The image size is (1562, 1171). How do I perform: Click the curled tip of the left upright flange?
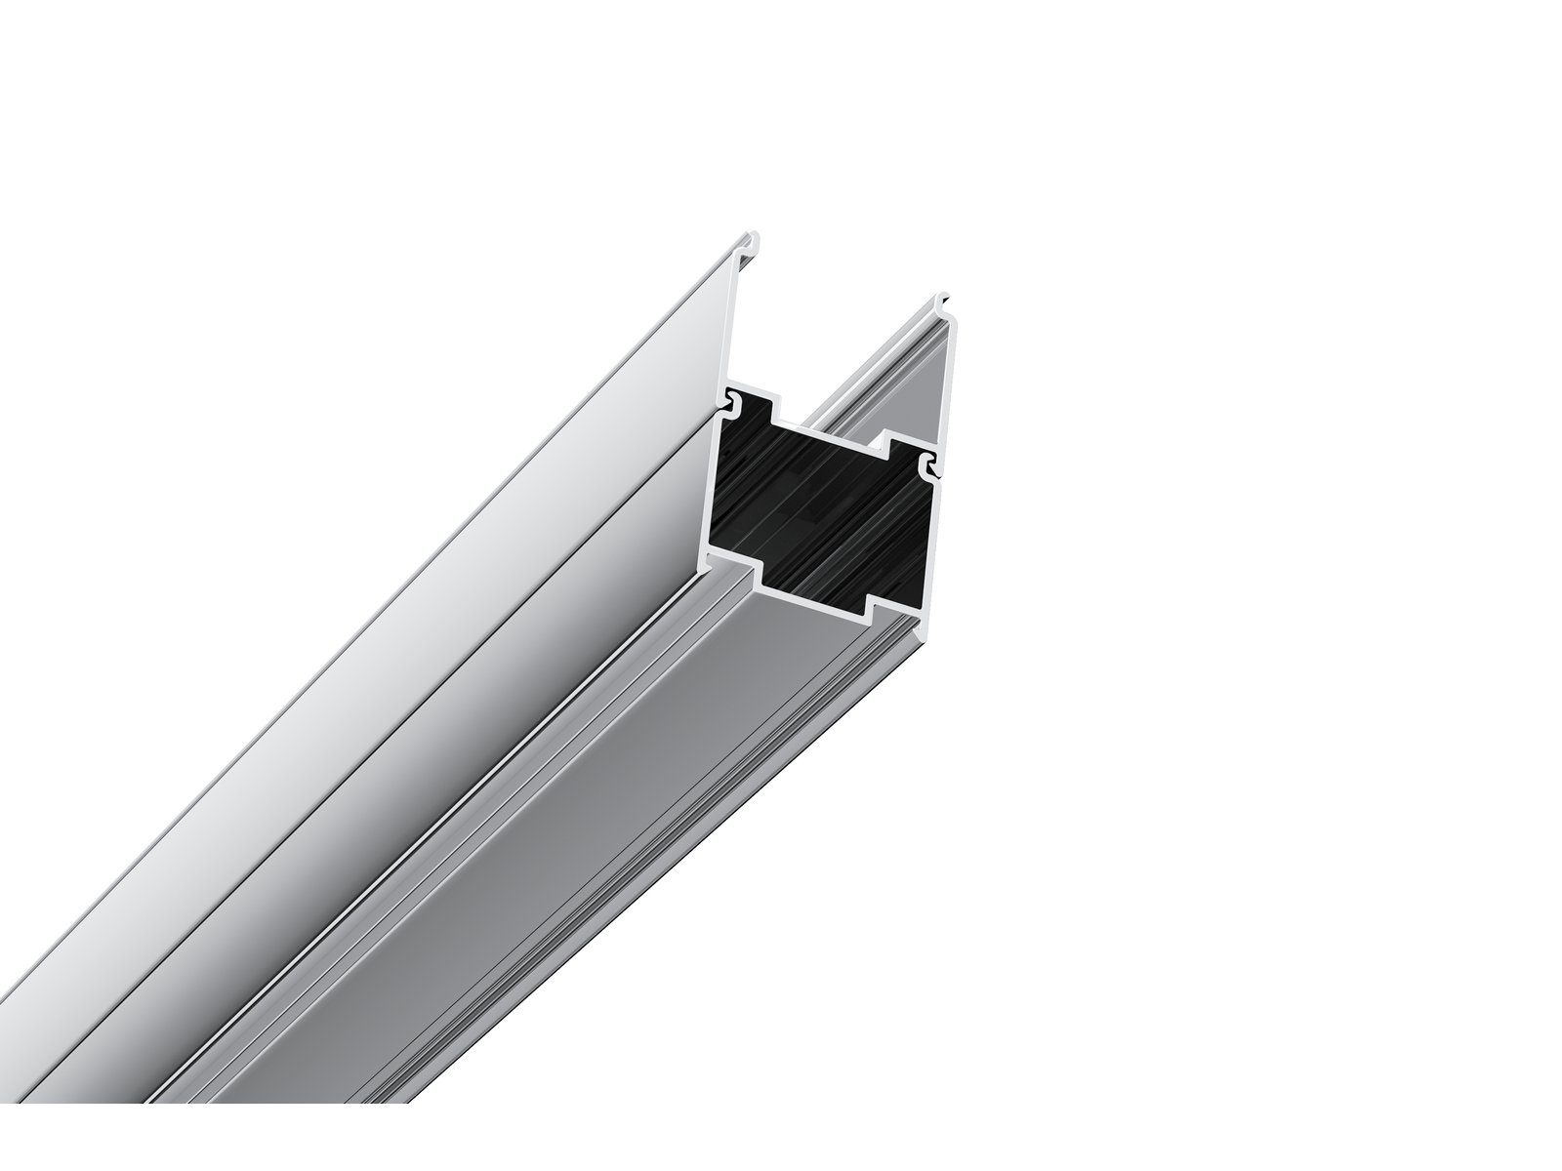[x=755, y=237]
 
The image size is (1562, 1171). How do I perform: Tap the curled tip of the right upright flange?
[x=942, y=298]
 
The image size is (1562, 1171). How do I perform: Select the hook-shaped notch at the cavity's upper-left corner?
[x=730, y=399]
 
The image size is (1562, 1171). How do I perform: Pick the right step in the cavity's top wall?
[x=888, y=449]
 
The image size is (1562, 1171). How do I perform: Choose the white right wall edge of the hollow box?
[x=934, y=546]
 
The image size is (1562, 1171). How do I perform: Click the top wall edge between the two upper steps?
[x=830, y=432]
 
